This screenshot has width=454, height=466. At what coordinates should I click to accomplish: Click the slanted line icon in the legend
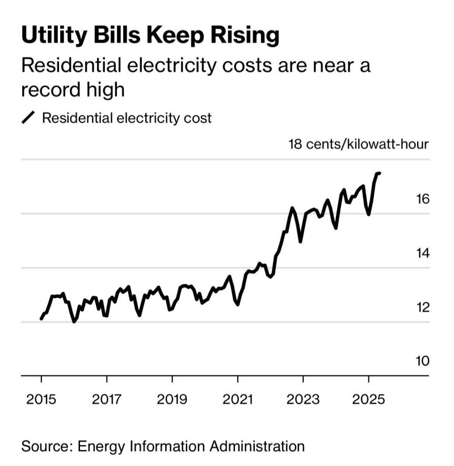(x=28, y=118)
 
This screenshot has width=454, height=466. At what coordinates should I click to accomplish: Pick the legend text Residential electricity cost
(x=127, y=118)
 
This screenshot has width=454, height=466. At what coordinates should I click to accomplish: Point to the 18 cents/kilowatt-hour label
(x=359, y=144)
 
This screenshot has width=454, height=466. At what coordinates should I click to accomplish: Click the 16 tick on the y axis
(x=422, y=199)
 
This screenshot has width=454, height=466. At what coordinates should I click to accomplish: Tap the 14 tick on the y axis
(x=422, y=253)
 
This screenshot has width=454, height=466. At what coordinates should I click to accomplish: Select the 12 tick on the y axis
(x=422, y=307)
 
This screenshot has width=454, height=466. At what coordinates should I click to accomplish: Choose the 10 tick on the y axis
(x=422, y=361)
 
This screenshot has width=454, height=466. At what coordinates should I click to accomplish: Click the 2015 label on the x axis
(x=41, y=398)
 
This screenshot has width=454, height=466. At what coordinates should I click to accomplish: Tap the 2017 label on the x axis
(x=107, y=398)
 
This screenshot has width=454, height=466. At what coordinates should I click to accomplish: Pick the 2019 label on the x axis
(x=172, y=398)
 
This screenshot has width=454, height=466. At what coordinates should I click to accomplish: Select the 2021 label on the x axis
(x=238, y=398)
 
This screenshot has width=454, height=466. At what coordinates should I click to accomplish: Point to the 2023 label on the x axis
(x=303, y=398)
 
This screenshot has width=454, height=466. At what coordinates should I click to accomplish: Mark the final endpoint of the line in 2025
(x=379, y=173)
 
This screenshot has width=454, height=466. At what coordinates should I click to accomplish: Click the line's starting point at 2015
(x=41, y=319)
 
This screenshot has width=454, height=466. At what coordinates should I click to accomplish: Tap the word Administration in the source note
(x=251, y=446)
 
